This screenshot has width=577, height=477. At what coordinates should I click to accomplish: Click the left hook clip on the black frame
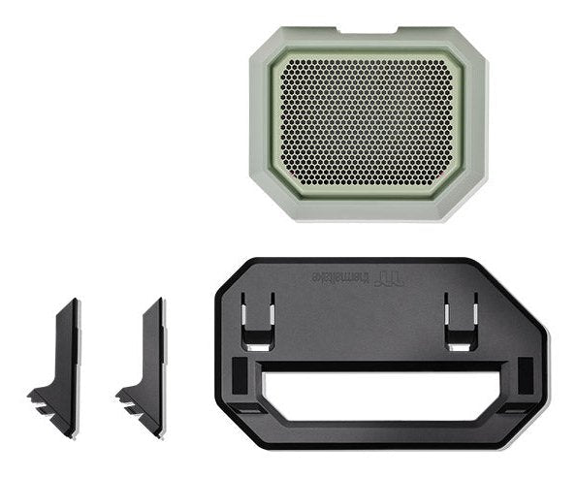257,320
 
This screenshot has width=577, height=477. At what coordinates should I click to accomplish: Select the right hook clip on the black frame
460,320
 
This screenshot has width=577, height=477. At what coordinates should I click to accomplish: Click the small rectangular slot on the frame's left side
240,373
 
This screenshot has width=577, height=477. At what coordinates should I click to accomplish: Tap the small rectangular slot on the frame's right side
525,373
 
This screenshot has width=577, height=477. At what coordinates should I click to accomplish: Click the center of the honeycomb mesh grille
368,121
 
